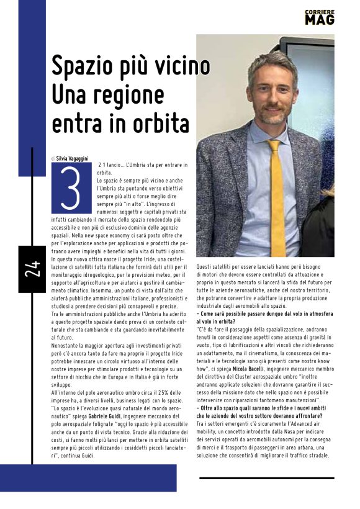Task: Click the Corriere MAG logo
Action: coord(320,17)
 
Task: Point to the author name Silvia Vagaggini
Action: coord(73,159)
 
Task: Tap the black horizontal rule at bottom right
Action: coord(266,478)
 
